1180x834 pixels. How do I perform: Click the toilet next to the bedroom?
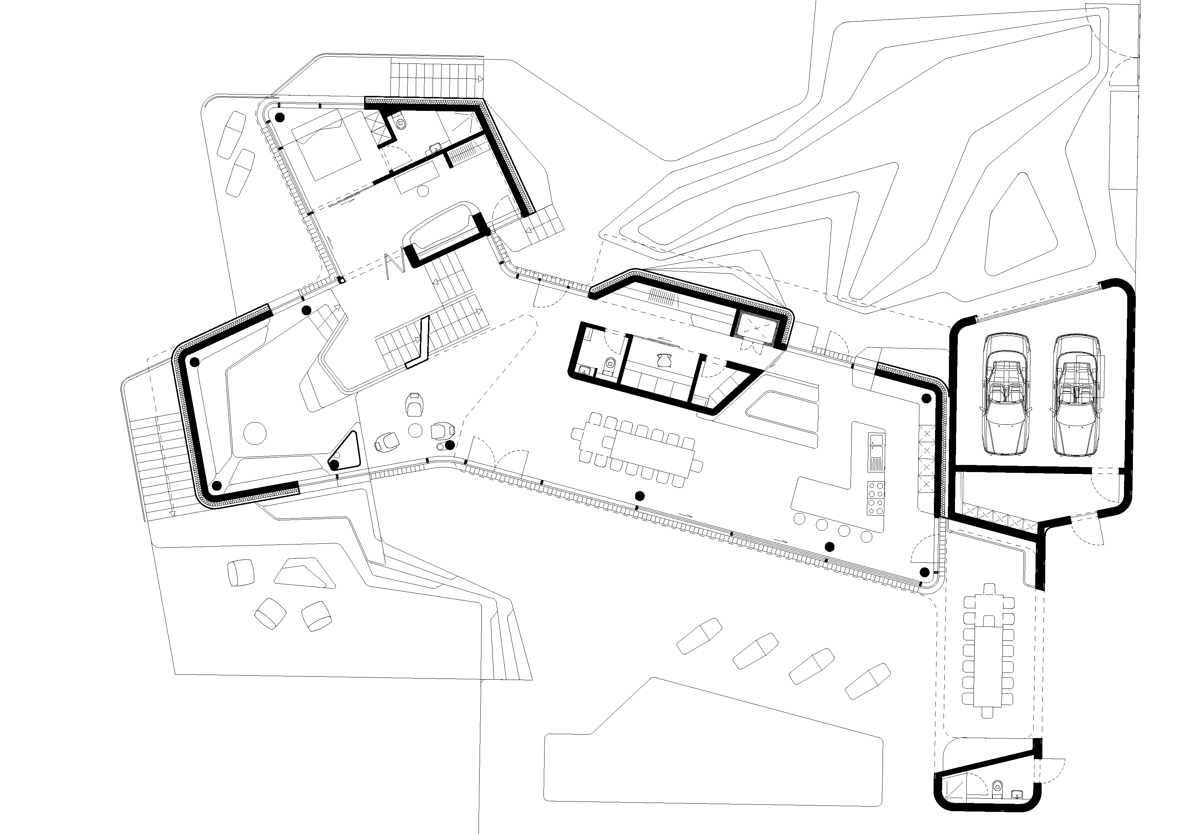coord(402,121)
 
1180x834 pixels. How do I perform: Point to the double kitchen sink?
coord(876,445)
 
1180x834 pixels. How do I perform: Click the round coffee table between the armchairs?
coord(415,431)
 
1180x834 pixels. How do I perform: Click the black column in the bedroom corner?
coord(280,118)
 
